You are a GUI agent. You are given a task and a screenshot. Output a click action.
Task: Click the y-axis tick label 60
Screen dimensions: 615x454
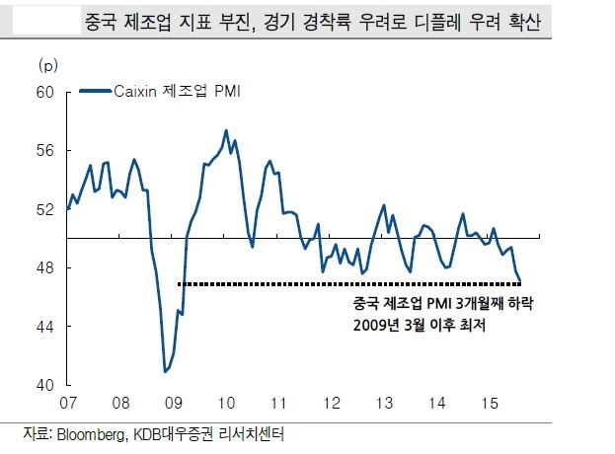click(44, 92)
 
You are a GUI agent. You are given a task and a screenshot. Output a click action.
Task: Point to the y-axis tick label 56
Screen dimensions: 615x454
click(44, 151)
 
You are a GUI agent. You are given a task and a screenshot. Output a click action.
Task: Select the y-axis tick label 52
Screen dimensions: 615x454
click(44, 209)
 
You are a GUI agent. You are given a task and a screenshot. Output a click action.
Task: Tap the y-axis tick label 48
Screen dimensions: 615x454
click(44, 267)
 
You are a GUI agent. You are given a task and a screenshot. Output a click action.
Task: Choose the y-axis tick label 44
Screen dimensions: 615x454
click(44, 327)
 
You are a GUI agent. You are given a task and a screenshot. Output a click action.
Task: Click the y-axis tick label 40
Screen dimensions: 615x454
click(44, 385)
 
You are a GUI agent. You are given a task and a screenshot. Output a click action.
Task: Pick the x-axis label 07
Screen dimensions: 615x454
click(68, 403)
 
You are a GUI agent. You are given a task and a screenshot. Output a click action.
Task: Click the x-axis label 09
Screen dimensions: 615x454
click(174, 403)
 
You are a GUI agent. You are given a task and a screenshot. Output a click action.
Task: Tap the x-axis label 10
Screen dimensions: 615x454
click(226, 403)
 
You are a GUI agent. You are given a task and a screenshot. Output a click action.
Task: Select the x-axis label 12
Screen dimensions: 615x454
click(332, 403)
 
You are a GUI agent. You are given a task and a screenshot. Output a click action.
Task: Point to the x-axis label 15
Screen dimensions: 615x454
click(490, 403)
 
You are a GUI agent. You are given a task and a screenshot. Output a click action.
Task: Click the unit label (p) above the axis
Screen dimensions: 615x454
click(47, 65)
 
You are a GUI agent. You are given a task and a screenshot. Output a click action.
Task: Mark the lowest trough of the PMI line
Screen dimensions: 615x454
click(165, 371)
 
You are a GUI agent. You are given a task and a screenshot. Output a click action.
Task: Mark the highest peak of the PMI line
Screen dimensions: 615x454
click(226, 130)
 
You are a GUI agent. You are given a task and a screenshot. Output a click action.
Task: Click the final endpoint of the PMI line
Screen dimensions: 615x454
click(520, 280)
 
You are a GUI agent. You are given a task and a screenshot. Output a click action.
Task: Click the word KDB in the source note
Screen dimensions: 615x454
click(146, 434)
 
